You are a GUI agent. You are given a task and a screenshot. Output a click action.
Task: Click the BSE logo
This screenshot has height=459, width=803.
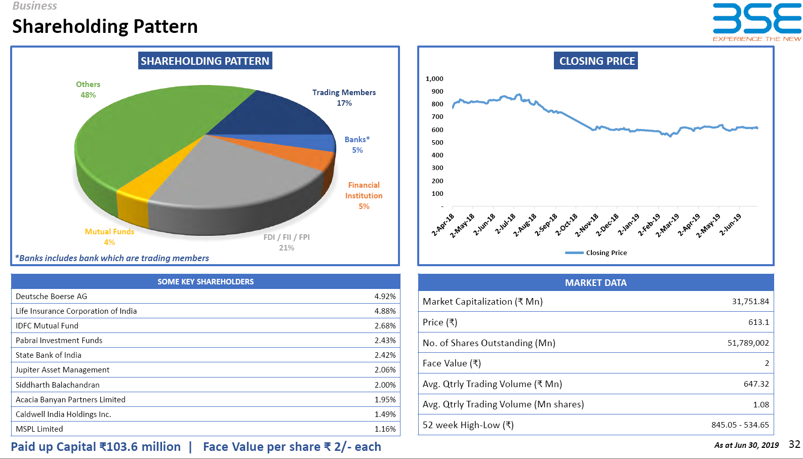point(757,22)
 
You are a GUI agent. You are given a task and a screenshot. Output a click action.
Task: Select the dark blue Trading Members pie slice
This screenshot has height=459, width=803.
point(284,114)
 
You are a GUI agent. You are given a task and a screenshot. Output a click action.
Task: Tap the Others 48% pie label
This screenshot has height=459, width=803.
point(88,90)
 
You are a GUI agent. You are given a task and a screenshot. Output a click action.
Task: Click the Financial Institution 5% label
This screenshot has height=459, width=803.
point(364,195)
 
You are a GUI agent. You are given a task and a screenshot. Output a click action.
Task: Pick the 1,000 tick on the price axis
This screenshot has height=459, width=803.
point(434,78)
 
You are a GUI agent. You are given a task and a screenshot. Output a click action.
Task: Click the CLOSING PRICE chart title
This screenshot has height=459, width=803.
point(596,61)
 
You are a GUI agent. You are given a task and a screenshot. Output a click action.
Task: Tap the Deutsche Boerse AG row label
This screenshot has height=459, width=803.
point(51,297)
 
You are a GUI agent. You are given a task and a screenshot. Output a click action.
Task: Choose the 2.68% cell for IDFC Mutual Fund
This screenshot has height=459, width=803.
point(385,326)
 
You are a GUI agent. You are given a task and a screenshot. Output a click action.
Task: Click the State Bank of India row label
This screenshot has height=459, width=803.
point(48,355)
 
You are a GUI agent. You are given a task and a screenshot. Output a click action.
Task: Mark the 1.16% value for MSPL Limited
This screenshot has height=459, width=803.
point(385,429)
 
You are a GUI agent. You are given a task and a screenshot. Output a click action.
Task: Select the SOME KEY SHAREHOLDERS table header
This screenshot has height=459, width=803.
point(206,281)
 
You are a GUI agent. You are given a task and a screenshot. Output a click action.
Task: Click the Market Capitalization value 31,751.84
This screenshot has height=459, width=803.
point(750,302)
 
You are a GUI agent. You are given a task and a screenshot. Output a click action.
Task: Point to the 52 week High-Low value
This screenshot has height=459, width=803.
point(740,425)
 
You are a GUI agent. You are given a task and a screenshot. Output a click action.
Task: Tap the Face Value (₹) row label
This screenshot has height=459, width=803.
point(452,363)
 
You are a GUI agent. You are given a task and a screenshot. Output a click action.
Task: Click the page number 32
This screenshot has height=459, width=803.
point(794,444)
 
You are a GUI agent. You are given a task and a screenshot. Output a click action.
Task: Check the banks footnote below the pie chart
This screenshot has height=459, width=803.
point(112,258)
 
